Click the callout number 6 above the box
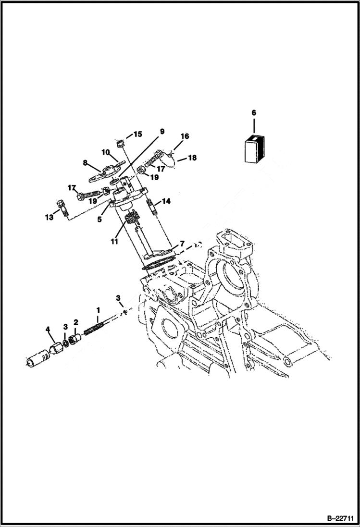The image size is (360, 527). coord(254,113)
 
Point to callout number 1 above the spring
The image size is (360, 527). coord(98,310)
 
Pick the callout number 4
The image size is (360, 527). coord(48,329)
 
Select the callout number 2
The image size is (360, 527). coord(75,322)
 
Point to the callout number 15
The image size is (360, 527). coord(137,134)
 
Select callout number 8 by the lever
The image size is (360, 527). coord(85,163)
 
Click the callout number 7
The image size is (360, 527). coord(182,244)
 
